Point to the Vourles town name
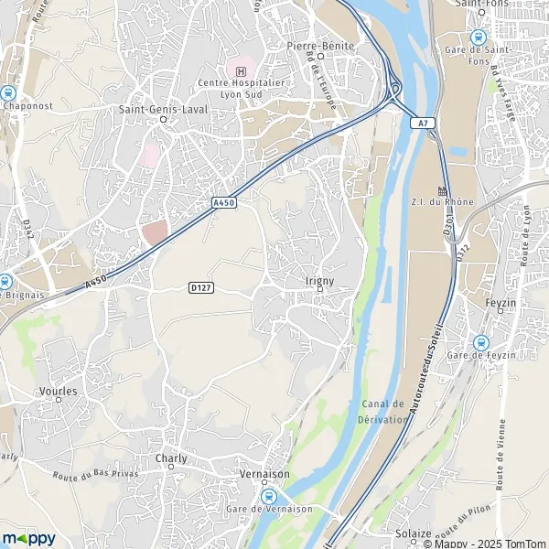tap(59, 390)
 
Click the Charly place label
tap(171, 458)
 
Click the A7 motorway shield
tap(421, 123)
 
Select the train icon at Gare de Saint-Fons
tap(478, 37)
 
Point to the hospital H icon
tap(241, 71)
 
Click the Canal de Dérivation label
tap(382, 412)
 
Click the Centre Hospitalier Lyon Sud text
tap(240, 89)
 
